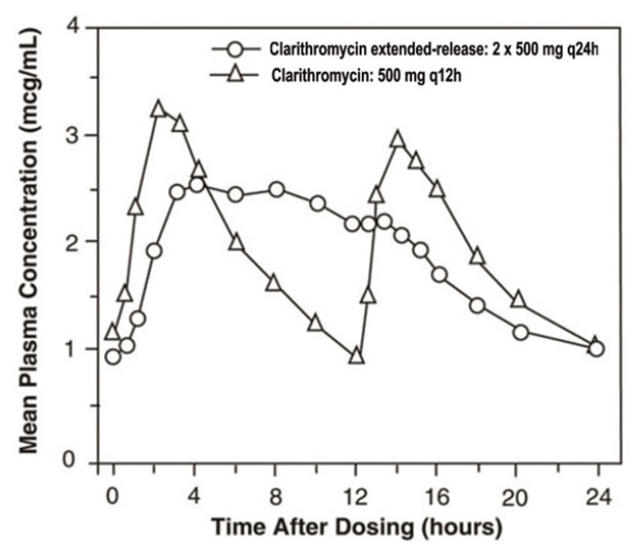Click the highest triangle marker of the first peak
159,108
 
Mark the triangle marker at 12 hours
356,356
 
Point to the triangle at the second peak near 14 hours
397,140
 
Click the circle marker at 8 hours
277,189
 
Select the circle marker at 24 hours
597,349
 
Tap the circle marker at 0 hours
114,357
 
